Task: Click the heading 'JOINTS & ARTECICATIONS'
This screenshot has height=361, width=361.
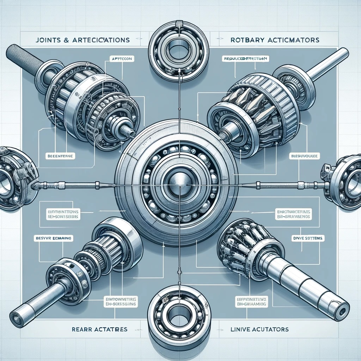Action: (x=82, y=40)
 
